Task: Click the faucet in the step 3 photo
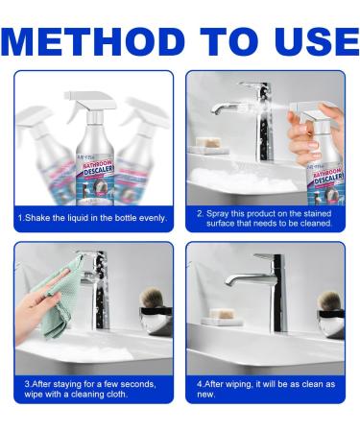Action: (97, 288)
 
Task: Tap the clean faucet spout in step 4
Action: (240, 277)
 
